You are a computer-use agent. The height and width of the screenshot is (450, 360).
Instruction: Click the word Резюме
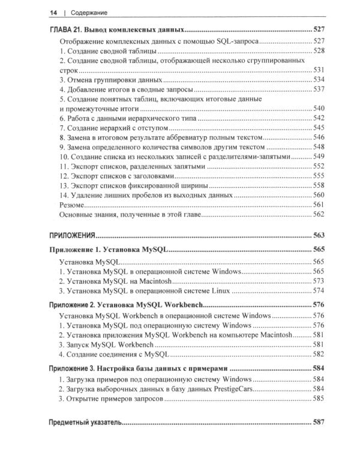[x=73, y=205]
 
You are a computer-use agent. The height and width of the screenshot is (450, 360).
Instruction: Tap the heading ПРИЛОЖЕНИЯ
[x=73, y=236]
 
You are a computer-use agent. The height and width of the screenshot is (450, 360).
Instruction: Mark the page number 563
[x=318, y=236]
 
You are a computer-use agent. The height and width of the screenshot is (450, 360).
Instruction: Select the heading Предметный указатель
[x=86, y=423]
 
